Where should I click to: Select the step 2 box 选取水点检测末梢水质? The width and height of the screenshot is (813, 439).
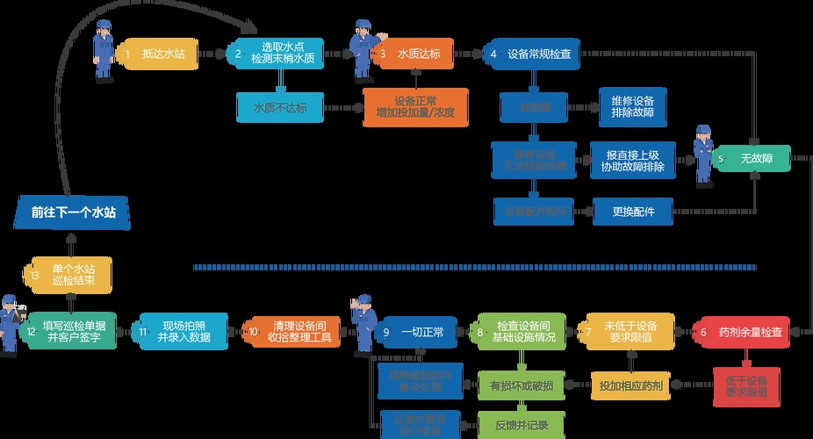(278, 53)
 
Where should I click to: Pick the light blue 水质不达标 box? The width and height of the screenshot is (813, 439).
(278, 107)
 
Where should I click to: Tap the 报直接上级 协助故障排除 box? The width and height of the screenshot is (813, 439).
(632, 160)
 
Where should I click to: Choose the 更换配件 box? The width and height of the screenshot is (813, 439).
(631, 211)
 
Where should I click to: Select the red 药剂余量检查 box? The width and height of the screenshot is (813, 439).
(745, 332)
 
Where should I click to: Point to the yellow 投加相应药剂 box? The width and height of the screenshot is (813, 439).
(630, 385)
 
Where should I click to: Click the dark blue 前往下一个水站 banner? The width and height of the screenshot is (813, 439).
(74, 212)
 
